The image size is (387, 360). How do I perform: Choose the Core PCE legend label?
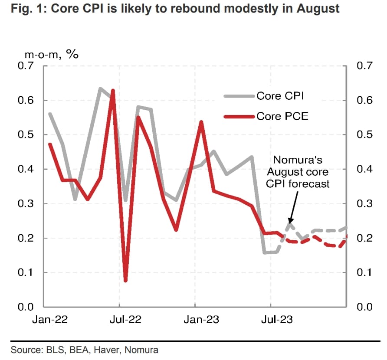[282, 116]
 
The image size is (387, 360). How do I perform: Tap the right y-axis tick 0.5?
[364, 135]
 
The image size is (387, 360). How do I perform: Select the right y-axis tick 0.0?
[364, 307]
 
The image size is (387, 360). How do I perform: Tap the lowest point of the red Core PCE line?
[126, 280]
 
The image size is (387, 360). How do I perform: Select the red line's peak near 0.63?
[113, 91]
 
